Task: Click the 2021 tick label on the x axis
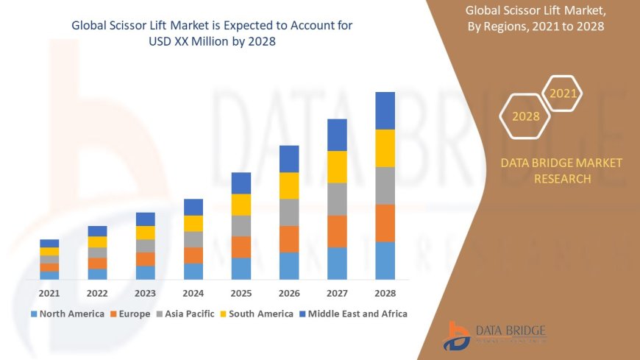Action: click(49, 292)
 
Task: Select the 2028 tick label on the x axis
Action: click(385, 292)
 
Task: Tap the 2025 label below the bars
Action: click(241, 292)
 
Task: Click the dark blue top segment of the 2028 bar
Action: click(385, 110)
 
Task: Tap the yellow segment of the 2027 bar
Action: click(337, 166)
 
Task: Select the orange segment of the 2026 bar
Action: click(289, 239)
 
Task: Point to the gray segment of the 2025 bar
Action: click(241, 225)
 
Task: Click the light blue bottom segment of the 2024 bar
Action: click(193, 271)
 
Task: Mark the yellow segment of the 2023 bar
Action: click(146, 233)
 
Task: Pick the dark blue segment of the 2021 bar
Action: click(49, 243)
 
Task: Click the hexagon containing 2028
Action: click(525, 116)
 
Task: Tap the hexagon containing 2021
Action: click(563, 93)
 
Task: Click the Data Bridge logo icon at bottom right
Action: click(457, 336)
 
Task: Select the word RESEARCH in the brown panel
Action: click(561, 179)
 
